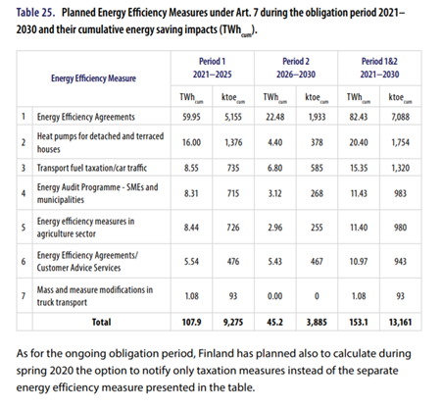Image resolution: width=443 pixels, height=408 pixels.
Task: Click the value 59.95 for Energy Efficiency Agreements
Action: coord(191,117)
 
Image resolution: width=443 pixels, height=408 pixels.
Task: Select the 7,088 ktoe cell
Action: coord(400,117)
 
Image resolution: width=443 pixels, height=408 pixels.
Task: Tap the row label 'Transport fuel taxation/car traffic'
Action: coord(92,168)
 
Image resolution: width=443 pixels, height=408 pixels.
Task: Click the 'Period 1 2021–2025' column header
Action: coord(213,68)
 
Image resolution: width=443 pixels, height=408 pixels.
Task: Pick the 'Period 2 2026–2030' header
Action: coord(296,68)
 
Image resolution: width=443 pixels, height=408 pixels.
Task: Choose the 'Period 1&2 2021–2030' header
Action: coord(379,68)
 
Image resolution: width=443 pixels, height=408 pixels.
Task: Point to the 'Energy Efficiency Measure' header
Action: coord(93,78)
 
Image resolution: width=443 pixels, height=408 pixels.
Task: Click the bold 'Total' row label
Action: coord(101,322)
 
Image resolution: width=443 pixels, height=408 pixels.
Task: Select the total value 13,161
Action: coord(400,322)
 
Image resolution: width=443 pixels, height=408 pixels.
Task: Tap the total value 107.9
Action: coord(191,322)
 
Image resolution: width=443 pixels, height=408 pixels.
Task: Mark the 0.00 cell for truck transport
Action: coord(275,296)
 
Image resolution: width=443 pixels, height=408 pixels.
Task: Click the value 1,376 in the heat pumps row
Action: coord(233,142)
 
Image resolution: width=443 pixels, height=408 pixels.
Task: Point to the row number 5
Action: coord(24,228)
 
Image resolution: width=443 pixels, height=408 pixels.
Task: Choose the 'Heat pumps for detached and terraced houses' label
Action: coord(100,142)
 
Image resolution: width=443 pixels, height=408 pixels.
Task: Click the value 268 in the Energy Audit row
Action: coord(317,193)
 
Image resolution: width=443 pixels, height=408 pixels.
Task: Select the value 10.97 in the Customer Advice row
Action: coord(359,261)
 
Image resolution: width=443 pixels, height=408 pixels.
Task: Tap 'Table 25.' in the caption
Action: coord(35,13)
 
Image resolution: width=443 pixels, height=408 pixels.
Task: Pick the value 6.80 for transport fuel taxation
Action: coord(275,168)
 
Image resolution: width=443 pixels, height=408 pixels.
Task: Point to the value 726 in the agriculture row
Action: coord(233,228)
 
